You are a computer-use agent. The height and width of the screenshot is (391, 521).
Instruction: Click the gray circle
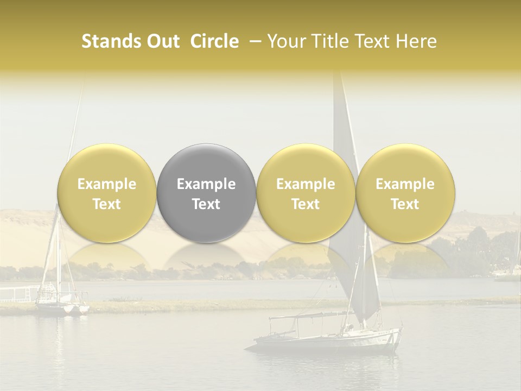coord(206,193)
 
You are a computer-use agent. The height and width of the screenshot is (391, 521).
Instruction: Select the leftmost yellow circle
coord(107,193)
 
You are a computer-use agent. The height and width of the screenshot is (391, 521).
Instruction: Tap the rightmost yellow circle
coord(405,193)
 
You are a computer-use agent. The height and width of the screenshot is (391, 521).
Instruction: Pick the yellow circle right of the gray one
coord(306,193)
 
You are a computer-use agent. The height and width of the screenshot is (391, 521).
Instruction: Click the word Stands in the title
coord(111,41)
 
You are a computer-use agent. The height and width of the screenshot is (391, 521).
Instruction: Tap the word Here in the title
coord(417,41)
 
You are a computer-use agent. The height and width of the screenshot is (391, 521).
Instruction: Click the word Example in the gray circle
coord(206,184)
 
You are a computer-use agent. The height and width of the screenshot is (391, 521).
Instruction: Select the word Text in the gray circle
coord(206,204)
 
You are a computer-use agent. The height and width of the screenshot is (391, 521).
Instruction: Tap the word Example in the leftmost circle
coord(107,184)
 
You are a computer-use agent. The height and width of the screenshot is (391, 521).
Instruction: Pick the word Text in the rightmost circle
coord(405,204)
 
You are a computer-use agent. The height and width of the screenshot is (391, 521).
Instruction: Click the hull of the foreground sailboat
coord(326,342)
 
